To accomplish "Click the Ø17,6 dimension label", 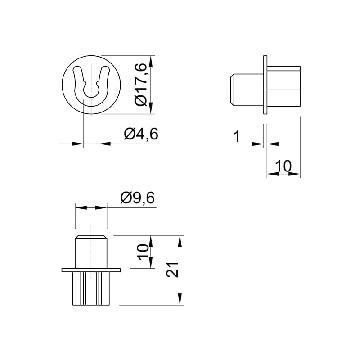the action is [x=140, y=85].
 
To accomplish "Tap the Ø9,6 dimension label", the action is [x=138, y=198].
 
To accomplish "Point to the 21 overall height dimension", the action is [x=172, y=270].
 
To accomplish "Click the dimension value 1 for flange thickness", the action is [x=237, y=136].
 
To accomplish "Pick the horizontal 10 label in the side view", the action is [x=283, y=166].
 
